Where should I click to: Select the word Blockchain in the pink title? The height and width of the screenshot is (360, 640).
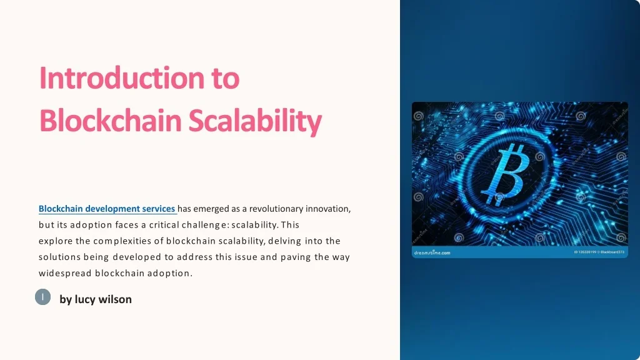(110, 121)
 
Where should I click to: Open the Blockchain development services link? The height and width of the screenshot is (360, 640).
(107, 209)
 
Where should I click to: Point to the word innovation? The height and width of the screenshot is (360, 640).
(328, 209)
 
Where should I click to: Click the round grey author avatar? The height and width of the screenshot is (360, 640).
(42, 298)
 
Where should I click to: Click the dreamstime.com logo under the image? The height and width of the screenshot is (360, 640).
(431, 253)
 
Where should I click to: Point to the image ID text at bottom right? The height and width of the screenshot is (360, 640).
(599, 252)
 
